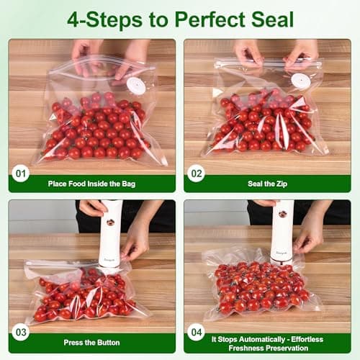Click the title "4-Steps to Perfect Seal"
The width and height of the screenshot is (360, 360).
pos(180,18)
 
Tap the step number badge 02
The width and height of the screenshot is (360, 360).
pos(196,173)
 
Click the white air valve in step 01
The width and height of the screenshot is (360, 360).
pos(135,86)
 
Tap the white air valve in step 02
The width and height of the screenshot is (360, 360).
pos(301,81)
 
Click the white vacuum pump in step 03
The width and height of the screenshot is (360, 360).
pos(111,233)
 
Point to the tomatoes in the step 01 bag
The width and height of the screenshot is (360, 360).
pos(94,126)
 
